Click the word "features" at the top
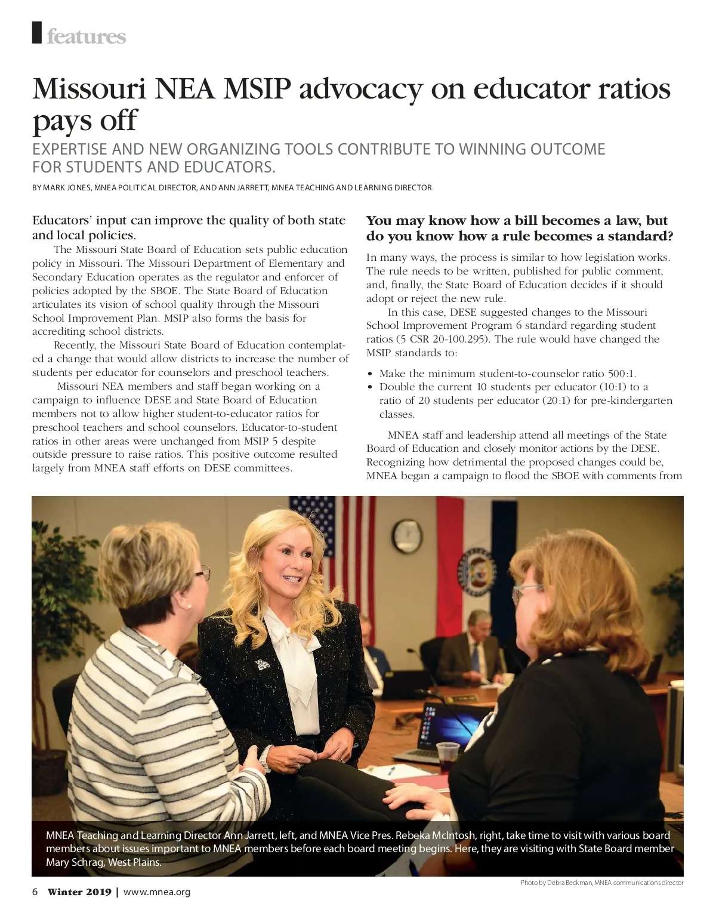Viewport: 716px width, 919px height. click(86, 36)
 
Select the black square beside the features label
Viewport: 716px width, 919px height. click(37, 32)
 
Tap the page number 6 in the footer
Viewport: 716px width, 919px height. click(35, 892)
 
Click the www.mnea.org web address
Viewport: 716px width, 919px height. click(156, 892)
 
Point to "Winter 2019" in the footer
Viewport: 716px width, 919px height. click(79, 892)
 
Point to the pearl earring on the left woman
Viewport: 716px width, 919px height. click(189, 605)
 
